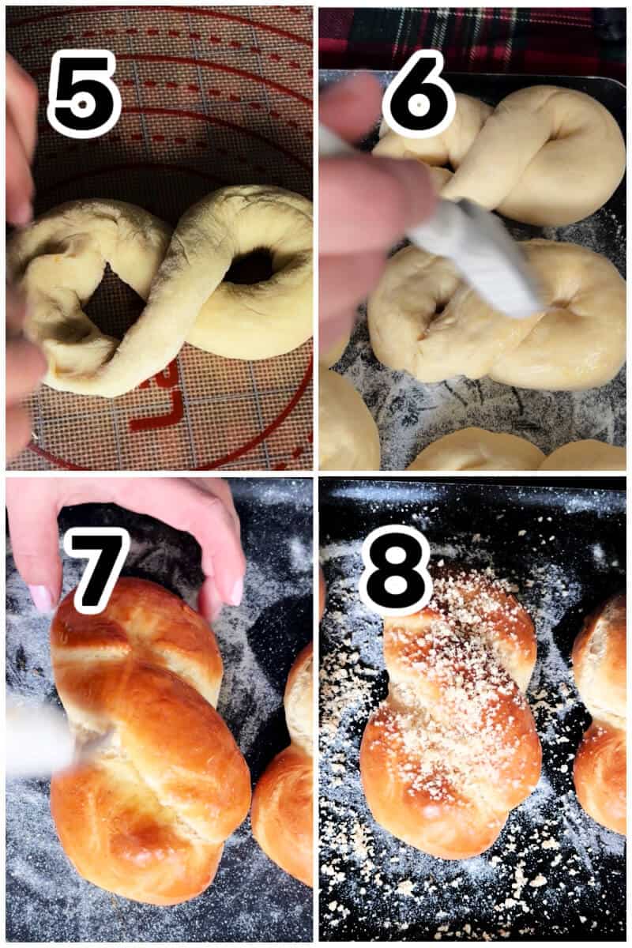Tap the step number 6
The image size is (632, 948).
[x=419, y=93]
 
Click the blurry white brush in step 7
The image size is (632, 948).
[x=39, y=739]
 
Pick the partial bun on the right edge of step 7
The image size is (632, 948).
[x=288, y=782]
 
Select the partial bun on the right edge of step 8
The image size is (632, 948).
[x=602, y=711]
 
